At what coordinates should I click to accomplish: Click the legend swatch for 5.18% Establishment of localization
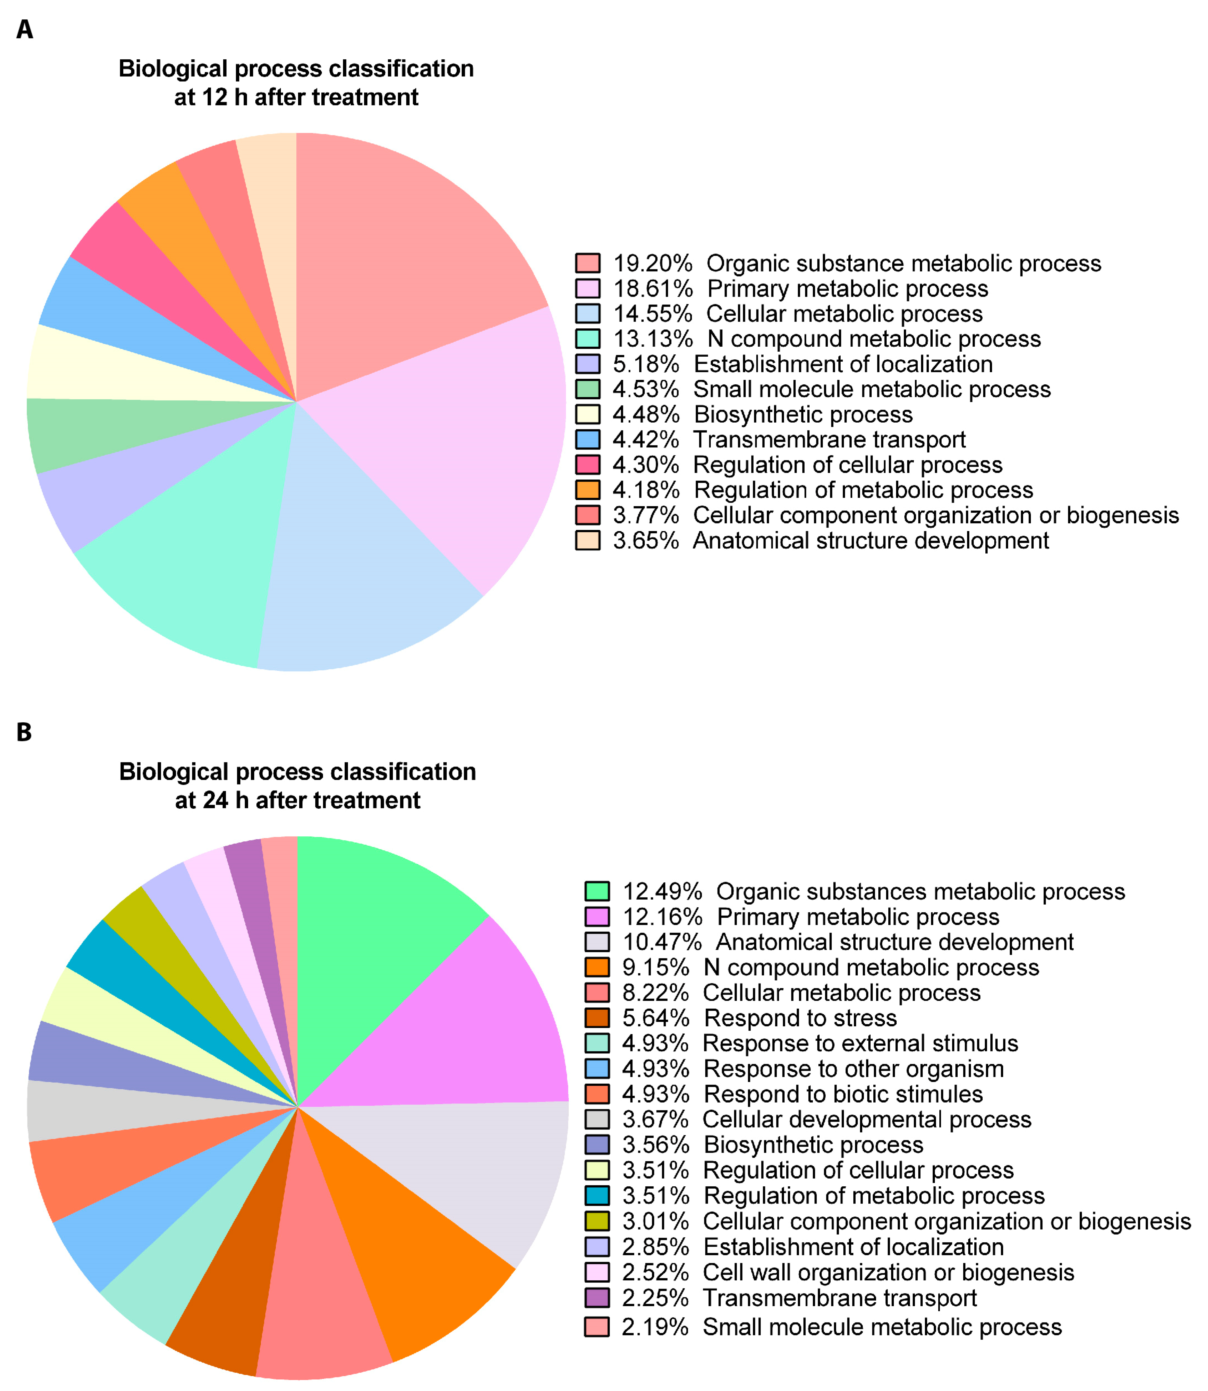(588, 364)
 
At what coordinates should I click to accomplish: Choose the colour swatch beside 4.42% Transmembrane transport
(588, 440)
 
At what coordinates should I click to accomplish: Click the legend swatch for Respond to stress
(597, 1018)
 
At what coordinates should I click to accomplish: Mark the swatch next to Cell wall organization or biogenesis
(597, 1272)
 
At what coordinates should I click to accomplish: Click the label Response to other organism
(853, 1069)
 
